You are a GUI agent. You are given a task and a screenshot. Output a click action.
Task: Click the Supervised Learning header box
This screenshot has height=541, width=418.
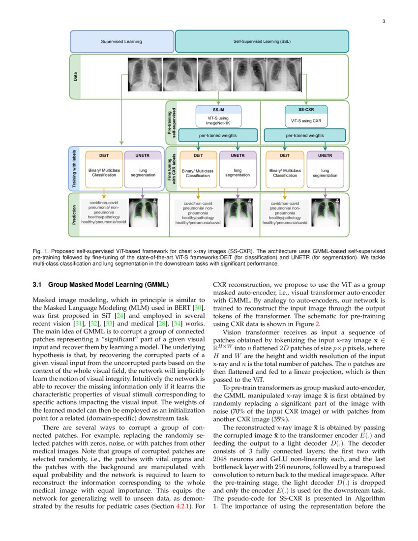click(121, 41)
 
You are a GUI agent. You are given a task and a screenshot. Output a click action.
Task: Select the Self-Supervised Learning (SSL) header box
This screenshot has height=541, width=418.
click(262, 41)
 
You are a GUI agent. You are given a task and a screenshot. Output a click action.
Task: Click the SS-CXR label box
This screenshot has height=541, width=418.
click(306, 109)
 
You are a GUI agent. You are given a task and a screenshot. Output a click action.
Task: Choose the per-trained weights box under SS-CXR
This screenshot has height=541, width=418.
click(305, 135)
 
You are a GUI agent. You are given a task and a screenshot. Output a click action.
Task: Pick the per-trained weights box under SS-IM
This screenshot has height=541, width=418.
click(217, 135)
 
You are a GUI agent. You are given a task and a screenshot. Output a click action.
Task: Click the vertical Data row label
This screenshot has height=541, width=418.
click(75, 77)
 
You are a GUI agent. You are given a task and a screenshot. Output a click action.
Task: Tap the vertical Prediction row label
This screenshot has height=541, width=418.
click(74, 215)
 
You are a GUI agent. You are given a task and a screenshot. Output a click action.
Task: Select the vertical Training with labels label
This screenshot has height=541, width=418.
click(75, 169)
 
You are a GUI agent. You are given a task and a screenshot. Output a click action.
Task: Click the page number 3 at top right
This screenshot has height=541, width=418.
click(384, 21)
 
